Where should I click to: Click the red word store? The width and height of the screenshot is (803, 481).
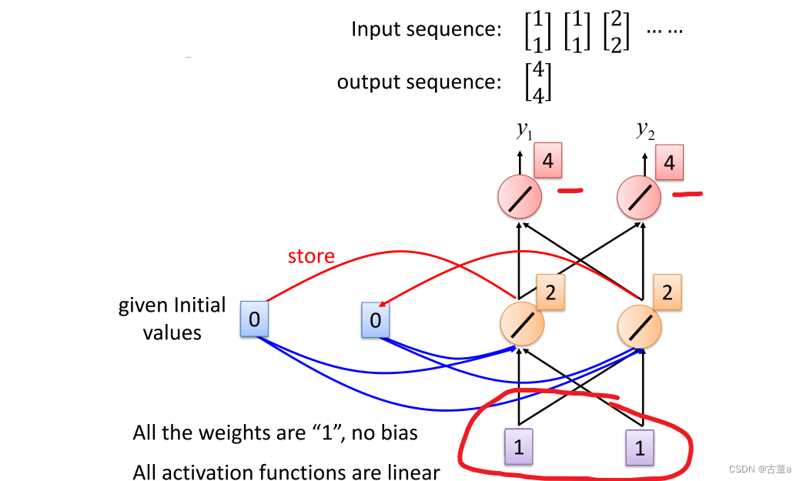click(x=311, y=256)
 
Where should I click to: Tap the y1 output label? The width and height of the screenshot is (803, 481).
click(x=524, y=130)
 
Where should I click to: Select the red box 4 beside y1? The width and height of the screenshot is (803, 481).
click(x=547, y=163)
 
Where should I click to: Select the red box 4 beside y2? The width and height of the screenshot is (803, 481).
click(x=669, y=163)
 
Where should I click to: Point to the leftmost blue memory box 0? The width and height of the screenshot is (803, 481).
click(x=253, y=318)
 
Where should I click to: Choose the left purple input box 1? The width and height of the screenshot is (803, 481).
click(x=519, y=447)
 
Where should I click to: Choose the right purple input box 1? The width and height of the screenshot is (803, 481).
click(x=639, y=447)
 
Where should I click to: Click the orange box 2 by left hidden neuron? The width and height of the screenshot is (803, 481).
click(x=550, y=293)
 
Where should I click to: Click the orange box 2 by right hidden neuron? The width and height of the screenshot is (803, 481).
click(x=667, y=293)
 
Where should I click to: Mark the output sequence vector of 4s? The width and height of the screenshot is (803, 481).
click(x=537, y=83)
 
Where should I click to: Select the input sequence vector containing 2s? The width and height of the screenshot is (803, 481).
click(x=616, y=30)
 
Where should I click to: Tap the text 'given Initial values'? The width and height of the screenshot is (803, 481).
click(x=172, y=319)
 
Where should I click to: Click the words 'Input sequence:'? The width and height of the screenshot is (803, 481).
click(x=427, y=29)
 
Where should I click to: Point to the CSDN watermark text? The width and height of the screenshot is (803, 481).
click(x=758, y=469)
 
